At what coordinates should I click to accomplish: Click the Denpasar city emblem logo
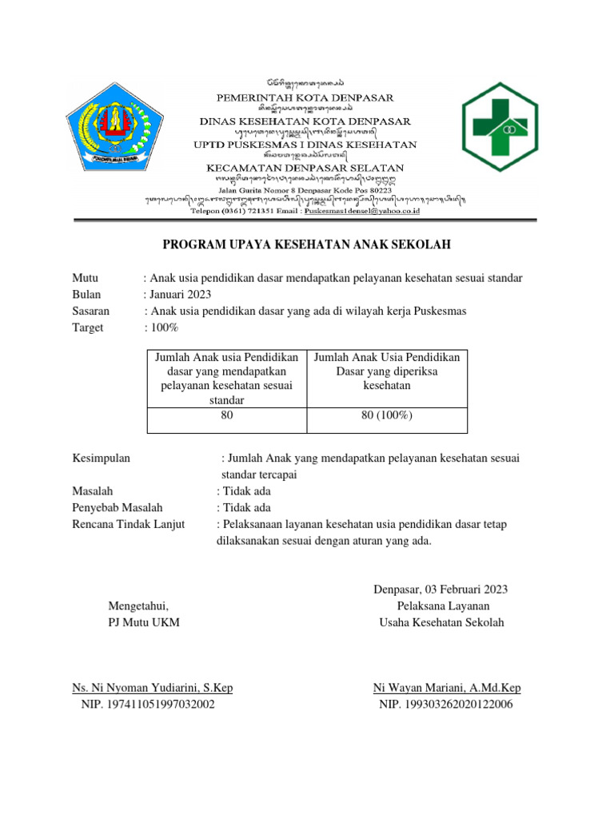[x=122, y=129]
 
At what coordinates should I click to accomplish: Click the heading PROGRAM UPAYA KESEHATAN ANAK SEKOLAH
[x=307, y=244]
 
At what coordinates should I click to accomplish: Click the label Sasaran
[x=91, y=311]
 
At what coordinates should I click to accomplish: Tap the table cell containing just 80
[x=226, y=415]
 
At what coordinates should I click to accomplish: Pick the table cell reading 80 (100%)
[x=387, y=415]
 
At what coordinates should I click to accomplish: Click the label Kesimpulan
[x=102, y=458]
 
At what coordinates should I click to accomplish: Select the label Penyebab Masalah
[x=117, y=507]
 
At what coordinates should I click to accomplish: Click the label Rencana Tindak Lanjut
[x=128, y=524]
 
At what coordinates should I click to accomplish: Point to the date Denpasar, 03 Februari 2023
[x=441, y=590]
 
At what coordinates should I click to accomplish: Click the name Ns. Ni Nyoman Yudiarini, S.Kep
[x=153, y=688]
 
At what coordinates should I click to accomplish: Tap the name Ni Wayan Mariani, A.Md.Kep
[x=447, y=688]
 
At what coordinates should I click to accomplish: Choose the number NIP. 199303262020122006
[x=446, y=705]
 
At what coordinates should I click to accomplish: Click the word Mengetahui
[x=139, y=606]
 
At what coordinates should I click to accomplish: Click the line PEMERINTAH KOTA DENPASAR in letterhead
[x=306, y=97]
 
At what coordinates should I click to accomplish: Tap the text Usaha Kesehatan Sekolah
[x=441, y=622]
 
